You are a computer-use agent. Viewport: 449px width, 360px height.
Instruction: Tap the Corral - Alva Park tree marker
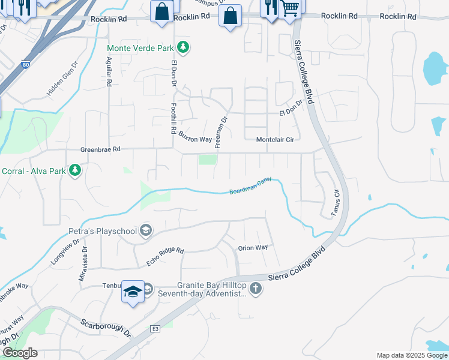(x=76, y=171)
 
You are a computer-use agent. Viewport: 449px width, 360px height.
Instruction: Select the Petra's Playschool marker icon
(x=145, y=230)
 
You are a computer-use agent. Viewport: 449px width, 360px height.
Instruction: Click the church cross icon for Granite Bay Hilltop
(x=255, y=289)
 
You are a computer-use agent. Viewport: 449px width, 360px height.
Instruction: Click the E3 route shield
(x=155, y=329)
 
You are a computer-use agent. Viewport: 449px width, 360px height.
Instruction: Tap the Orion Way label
(x=253, y=248)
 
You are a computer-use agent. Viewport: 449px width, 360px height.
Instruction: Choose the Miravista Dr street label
(x=83, y=265)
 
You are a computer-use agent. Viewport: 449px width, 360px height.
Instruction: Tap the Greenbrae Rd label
(x=101, y=149)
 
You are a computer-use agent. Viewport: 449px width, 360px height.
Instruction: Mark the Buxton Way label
(x=195, y=139)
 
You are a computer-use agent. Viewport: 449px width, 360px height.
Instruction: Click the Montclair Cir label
(x=275, y=140)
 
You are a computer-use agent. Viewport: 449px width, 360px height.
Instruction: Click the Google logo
(x=20, y=353)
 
